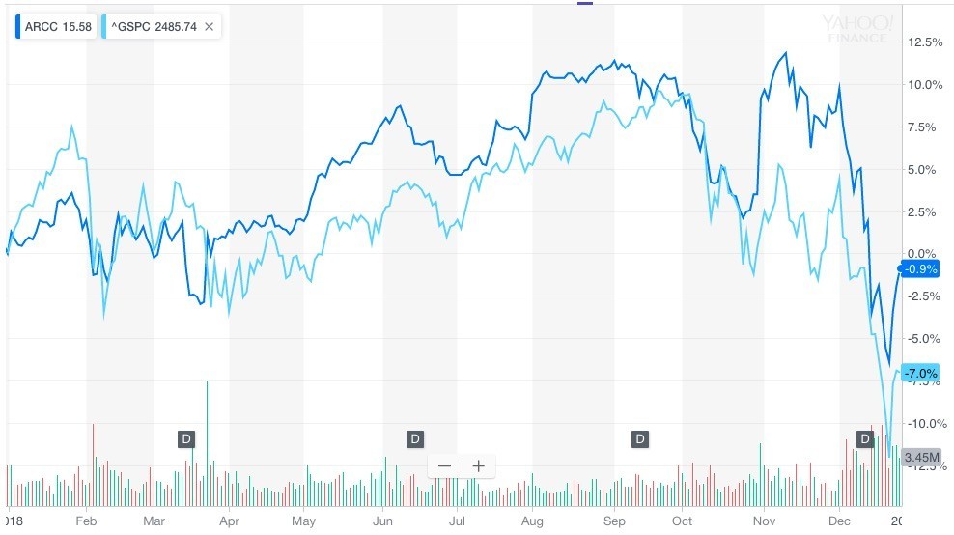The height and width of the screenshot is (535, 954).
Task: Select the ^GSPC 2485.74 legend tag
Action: point(154,27)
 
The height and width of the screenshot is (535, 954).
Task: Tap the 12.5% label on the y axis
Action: point(925,42)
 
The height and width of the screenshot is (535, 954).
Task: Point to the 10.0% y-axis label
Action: point(925,85)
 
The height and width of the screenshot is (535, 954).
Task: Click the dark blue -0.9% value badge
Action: point(920,269)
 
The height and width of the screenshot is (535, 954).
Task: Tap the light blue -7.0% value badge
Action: point(920,373)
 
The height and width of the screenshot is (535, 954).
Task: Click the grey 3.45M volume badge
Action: point(920,457)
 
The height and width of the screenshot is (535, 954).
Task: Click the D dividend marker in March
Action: point(186,439)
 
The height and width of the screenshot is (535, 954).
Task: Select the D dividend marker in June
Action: point(414,439)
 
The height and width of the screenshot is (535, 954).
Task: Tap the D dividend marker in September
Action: point(639,439)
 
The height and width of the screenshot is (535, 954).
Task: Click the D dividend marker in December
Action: point(866,439)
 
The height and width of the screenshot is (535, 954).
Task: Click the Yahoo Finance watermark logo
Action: point(857,28)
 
